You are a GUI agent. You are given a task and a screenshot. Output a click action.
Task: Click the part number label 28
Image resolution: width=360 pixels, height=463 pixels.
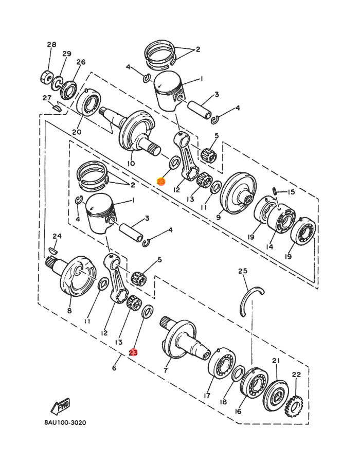tap(51, 45)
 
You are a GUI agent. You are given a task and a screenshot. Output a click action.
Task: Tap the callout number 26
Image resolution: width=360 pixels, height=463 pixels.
tap(81, 62)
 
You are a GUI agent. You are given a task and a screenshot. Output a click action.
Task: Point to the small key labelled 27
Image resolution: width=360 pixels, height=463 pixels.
tap(57, 108)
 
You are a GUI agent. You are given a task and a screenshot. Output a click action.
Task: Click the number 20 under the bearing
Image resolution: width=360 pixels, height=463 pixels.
tap(77, 132)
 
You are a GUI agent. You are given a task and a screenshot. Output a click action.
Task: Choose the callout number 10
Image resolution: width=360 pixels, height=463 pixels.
tap(131, 164)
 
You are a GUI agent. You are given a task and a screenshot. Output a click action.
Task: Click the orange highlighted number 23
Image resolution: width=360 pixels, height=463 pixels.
tap(161, 182)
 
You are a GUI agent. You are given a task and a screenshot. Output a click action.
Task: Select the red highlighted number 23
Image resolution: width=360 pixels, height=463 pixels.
tap(133, 353)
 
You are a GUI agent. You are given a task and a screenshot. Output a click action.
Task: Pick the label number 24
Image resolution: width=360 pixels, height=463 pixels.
tap(57, 236)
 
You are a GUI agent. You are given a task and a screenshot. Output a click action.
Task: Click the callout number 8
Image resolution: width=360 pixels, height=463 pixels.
tap(69, 311)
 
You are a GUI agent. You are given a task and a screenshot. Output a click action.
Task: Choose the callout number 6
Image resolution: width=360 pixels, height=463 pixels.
tap(114, 368)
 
